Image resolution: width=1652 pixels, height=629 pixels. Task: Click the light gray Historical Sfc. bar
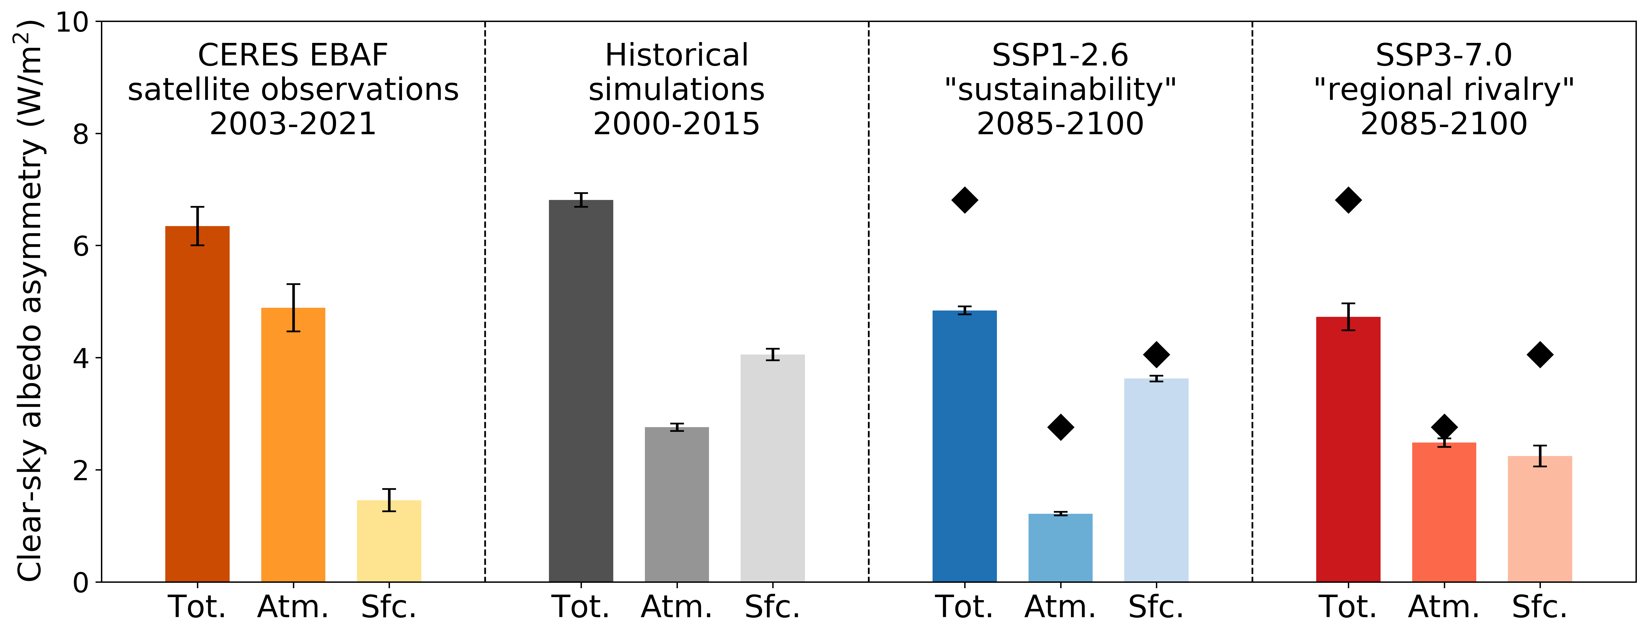[x=772, y=468]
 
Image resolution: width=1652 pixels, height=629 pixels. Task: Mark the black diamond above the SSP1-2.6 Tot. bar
[x=964, y=200]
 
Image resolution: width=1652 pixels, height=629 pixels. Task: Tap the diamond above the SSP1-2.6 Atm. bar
[x=1060, y=427]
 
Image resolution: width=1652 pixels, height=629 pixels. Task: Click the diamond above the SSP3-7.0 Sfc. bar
[x=1540, y=355]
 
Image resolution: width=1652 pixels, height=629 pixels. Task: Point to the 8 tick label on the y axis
[x=80, y=134]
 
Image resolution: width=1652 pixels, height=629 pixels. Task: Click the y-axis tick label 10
[x=72, y=22]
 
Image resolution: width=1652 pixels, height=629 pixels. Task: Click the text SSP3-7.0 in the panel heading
[x=1444, y=55]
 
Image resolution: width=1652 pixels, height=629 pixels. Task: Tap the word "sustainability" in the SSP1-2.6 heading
[x=1060, y=90]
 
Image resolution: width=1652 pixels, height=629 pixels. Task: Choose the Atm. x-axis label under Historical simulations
[x=677, y=606]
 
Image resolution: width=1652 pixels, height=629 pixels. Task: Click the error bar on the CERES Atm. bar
[x=293, y=308]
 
